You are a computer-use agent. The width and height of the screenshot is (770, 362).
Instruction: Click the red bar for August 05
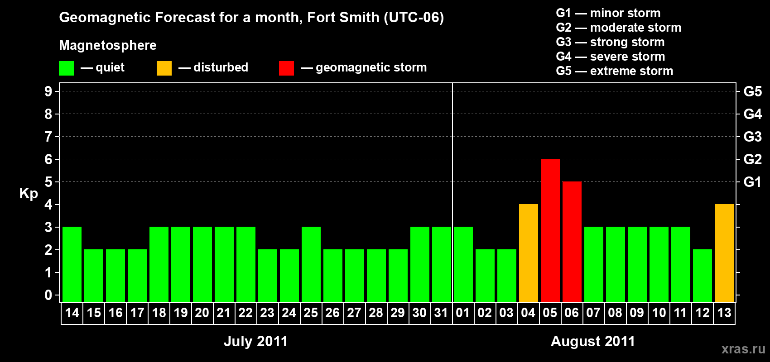(x=550, y=230)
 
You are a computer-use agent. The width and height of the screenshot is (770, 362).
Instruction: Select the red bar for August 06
(x=572, y=242)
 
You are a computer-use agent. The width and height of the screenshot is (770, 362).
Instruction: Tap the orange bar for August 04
(x=529, y=253)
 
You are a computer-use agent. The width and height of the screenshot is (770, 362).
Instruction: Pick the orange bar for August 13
(x=724, y=253)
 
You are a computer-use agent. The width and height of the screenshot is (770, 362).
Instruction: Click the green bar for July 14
(x=72, y=264)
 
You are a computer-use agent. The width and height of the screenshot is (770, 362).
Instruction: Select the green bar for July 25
(x=311, y=264)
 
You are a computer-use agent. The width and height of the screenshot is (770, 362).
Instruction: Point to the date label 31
(x=441, y=313)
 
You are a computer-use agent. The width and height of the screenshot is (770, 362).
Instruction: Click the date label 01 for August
(x=463, y=313)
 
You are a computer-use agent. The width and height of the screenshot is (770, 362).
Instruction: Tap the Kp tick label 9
(x=48, y=91)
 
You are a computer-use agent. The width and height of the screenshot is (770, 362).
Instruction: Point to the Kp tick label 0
(x=48, y=295)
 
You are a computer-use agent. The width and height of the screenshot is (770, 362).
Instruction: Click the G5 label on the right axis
(x=752, y=91)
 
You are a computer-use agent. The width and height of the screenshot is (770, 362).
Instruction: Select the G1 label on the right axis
(x=752, y=182)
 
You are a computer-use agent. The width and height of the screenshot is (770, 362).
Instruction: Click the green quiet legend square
(x=67, y=68)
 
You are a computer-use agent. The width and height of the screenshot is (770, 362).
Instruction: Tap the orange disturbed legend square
(x=164, y=68)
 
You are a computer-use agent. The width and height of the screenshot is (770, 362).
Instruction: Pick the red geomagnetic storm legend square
(x=286, y=68)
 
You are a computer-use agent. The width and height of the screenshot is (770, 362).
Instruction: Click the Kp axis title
(x=29, y=194)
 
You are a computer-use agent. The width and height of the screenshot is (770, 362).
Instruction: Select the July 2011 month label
(x=255, y=341)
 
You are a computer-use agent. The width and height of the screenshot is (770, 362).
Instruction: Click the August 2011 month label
(x=593, y=341)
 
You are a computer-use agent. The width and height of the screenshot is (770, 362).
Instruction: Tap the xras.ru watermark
(x=743, y=349)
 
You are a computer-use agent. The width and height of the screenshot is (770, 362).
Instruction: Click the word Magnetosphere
(x=108, y=45)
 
